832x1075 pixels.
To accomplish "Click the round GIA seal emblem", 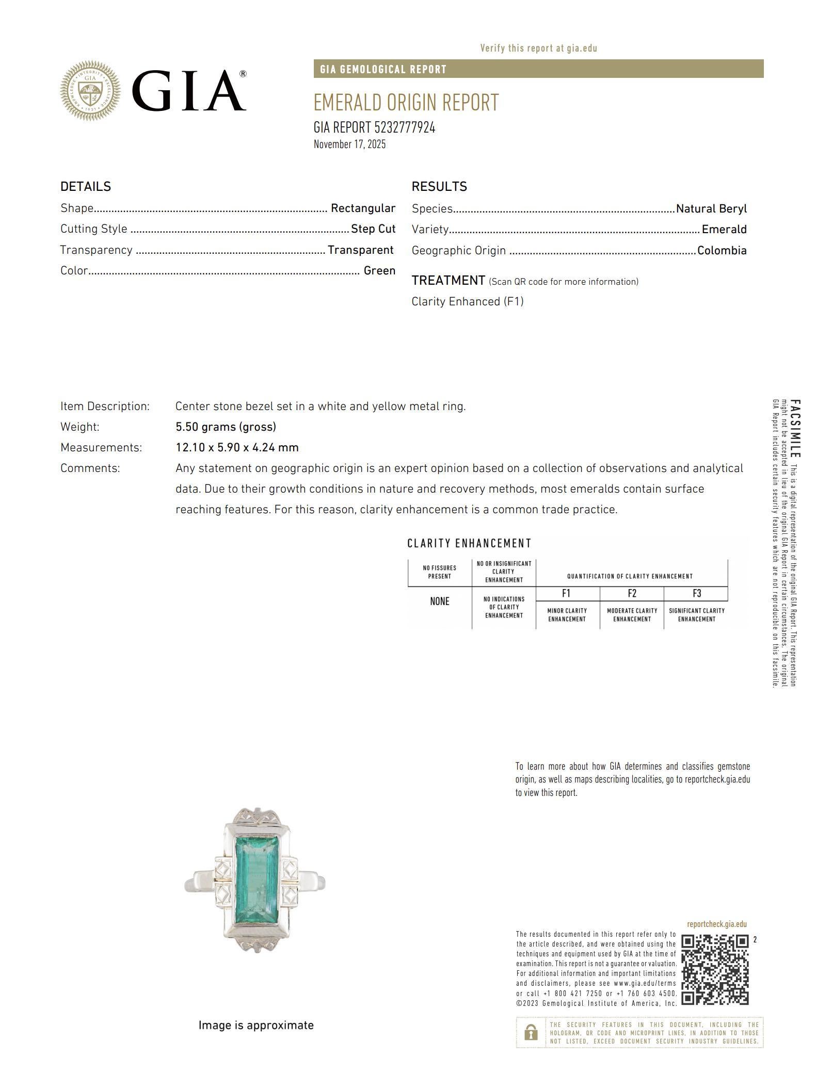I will (x=90, y=91).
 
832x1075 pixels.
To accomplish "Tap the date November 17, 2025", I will (x=349, y=144).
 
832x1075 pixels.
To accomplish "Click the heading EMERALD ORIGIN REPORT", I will (x=406, y=103).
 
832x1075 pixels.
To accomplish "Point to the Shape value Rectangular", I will (x=363, y=208).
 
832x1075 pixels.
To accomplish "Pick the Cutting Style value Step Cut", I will (x=373, y=229).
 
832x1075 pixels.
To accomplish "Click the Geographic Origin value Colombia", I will (x=722, y=251).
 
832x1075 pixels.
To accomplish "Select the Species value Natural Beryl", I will (x=711, y=209).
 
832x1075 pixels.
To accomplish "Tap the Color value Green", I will (x=379, y=271).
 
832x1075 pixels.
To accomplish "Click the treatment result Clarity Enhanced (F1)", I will (x=467, y=302).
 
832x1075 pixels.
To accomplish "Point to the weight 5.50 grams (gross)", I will (x=226, y=427).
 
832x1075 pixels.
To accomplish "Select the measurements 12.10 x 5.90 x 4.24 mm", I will (x=237, y=448).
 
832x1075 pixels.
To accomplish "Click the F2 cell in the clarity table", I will (x=632, y=594).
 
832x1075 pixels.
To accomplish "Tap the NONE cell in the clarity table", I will (x=439, y=601).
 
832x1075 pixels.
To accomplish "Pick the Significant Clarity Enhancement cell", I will (x=696, y=615).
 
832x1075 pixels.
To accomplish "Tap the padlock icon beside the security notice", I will (x=530, y=1033).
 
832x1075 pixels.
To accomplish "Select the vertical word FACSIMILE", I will (x=795, y=428).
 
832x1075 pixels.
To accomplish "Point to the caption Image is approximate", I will (x=256, y=1025).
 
